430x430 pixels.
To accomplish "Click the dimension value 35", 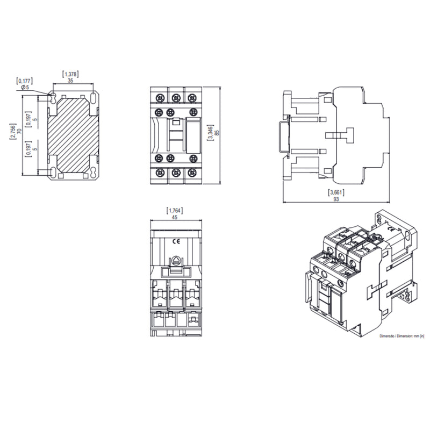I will pos(71,81).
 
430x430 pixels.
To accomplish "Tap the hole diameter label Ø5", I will pos(24,87).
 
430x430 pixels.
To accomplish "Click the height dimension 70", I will pos(19,131).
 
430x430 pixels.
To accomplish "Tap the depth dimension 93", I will pos(336,199).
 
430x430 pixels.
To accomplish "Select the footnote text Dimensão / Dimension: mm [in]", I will pos(402,336).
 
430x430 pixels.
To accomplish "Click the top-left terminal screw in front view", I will pos(159,97).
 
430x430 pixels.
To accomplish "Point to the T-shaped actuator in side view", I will pos(346,135).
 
